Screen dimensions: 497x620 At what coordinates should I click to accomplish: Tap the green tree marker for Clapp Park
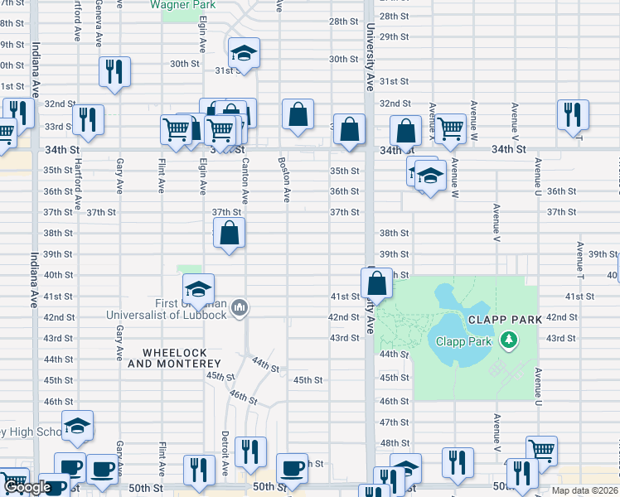509,339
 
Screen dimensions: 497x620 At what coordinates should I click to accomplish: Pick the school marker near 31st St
244,53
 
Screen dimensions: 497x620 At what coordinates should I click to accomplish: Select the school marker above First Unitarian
199,289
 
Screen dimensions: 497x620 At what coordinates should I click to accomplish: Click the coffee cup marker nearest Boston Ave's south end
292,468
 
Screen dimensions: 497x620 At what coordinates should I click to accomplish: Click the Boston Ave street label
284,180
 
